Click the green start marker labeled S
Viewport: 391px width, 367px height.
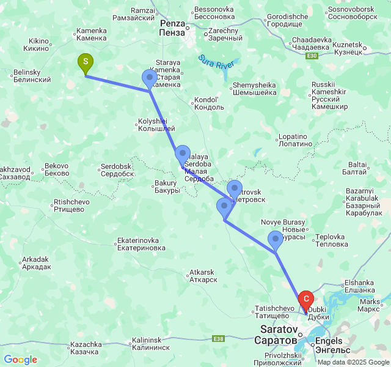[x=86, y=62]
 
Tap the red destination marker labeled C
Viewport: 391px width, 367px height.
[x=305, y=300]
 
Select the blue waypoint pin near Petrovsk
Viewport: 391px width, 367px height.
[x=235, y=189]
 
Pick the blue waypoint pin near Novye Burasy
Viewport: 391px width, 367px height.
[x=276, y=239]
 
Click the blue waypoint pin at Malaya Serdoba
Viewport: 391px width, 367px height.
[x=182, y=155]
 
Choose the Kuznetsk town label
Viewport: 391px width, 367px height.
[x=347, y=50]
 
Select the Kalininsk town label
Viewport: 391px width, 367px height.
[x=150, y=343]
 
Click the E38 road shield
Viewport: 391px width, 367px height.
[x=218, y=338]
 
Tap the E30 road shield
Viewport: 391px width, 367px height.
[x=312, y=56]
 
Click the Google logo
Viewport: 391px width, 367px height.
[x=20, y=360]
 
